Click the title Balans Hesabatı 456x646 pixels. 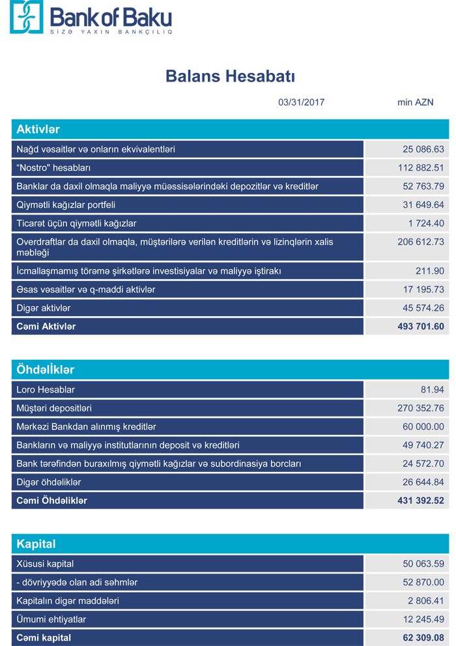pyautogui.click(x=231, y=76)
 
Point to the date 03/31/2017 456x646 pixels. pyautogui.click(x=301, y=102)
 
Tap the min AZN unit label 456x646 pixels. pyautogui.click(x=415, y=102)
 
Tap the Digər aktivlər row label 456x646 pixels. pyautogui.click(x=44, y=308)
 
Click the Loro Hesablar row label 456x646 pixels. pyautogui.click(x=46, y=390)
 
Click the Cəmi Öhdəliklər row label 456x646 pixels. pyautogui.click(x=51, y=501)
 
